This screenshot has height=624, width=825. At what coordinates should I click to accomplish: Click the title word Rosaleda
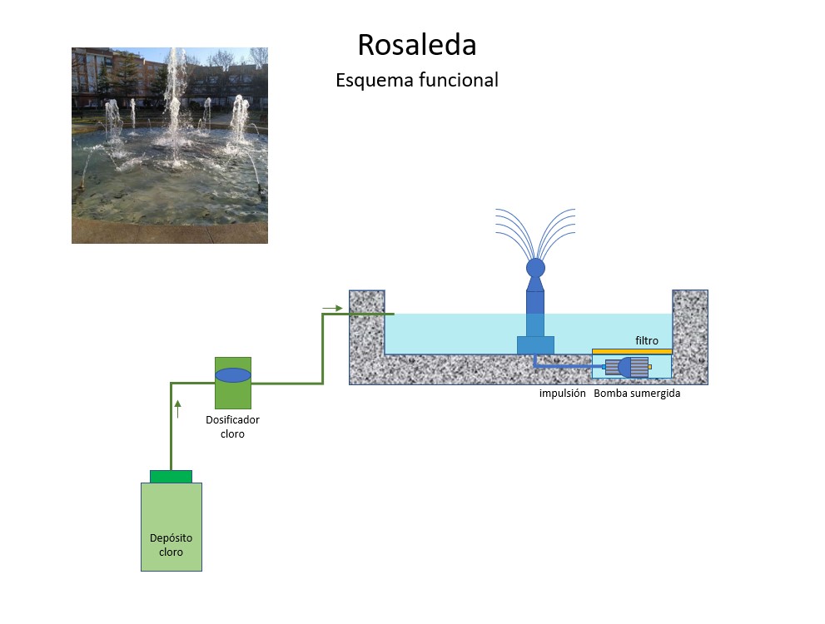point(416,45)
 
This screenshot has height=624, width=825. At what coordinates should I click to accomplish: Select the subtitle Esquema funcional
point(416,81)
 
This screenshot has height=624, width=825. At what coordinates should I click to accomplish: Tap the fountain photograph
point(170,146)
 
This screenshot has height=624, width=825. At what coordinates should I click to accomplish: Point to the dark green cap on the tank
point(171,476)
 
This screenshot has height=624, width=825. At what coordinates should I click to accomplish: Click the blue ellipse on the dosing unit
point(233,375)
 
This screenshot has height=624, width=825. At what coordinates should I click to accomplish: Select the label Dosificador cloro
point(232,427)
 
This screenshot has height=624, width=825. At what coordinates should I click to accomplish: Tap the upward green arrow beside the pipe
point(177,408)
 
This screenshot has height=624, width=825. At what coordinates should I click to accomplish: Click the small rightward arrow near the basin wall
point(332,308)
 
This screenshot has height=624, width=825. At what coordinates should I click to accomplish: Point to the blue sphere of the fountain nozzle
point(535,268)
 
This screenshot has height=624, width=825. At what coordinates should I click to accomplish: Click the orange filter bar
point(632,351)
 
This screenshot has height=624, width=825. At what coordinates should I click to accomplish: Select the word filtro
point(647,340)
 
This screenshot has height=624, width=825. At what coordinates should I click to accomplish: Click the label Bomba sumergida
point(637,394)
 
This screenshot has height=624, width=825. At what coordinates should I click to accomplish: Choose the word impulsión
point(563,394)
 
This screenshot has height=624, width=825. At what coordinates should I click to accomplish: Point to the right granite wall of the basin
point(690,333)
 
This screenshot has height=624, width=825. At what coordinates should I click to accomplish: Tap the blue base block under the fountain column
point(535,344)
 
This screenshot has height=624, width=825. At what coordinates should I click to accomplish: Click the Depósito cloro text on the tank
point(171,545)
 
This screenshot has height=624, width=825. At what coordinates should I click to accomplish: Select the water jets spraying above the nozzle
point(535,229)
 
